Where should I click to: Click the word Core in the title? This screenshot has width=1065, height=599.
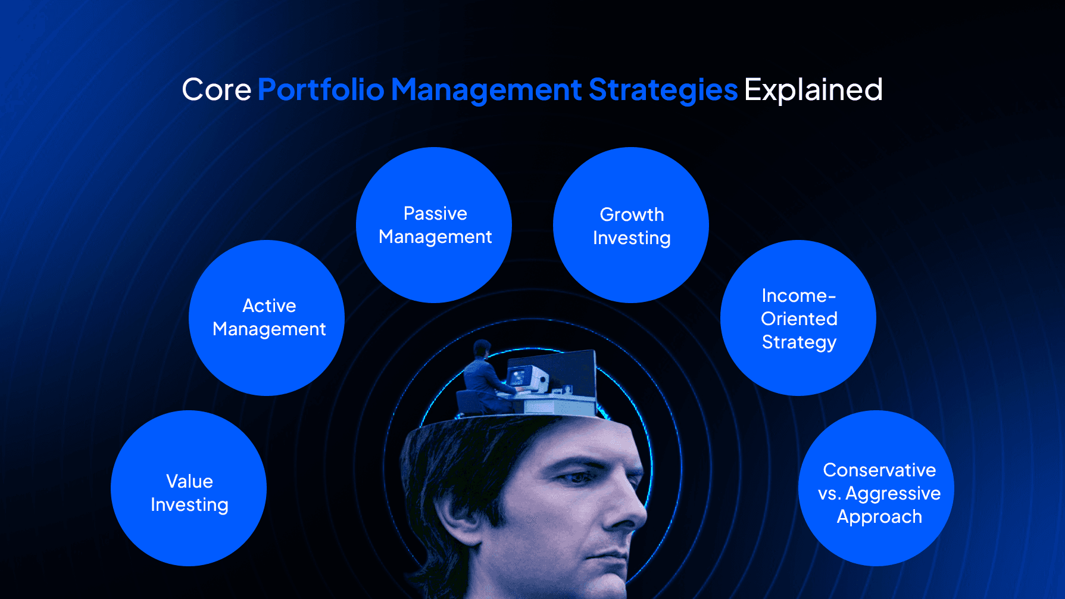[216, 90]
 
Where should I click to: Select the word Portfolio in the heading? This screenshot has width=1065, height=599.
[321, 90]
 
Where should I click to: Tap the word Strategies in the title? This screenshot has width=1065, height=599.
[663, 90]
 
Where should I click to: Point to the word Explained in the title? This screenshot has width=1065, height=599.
[813, 90]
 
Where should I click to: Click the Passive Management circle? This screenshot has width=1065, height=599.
[434, 225]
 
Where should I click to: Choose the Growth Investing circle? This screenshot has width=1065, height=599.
[631, 225]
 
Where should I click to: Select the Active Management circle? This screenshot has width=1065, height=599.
[267, 318]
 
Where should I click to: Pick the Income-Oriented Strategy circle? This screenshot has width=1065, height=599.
[798, 318]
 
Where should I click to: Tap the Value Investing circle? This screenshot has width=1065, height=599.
[189, 488]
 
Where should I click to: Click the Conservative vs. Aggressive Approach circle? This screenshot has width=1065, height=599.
[876, 488]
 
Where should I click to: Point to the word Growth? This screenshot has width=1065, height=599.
[632, 214]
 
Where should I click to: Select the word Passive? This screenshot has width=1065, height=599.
[435, 213]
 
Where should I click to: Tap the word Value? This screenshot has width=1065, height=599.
[189, 481]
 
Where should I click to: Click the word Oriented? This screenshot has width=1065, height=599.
[799, 319]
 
